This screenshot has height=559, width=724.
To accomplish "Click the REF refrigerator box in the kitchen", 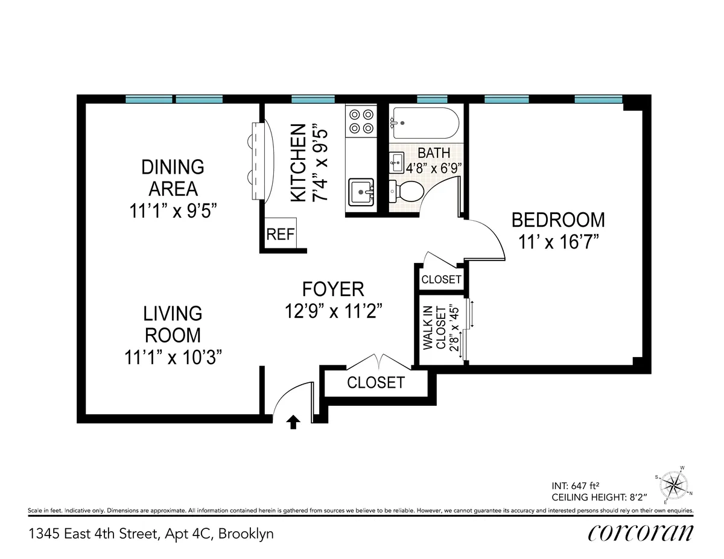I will [280, 234].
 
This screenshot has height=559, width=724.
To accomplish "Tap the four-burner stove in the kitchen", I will [361, 120].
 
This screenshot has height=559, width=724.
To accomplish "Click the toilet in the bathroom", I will [408, 192].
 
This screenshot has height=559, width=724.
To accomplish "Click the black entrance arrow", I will [293, 422].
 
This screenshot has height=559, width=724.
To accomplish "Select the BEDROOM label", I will [557, 219].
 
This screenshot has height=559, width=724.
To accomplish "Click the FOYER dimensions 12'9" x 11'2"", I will [334, 311].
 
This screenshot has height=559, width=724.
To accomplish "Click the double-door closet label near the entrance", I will [375, 382].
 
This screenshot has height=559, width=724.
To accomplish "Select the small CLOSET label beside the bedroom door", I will [441, 280].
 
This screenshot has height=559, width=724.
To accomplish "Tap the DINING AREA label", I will [172, 177].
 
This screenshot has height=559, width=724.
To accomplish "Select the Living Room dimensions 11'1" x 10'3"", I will [172, 357].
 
